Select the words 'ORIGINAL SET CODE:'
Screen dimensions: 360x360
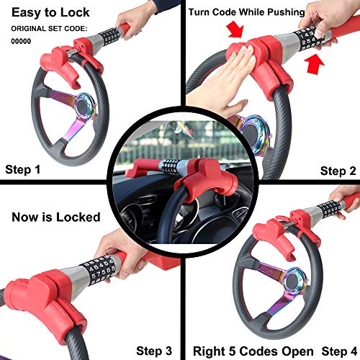[x=48, y=29]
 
